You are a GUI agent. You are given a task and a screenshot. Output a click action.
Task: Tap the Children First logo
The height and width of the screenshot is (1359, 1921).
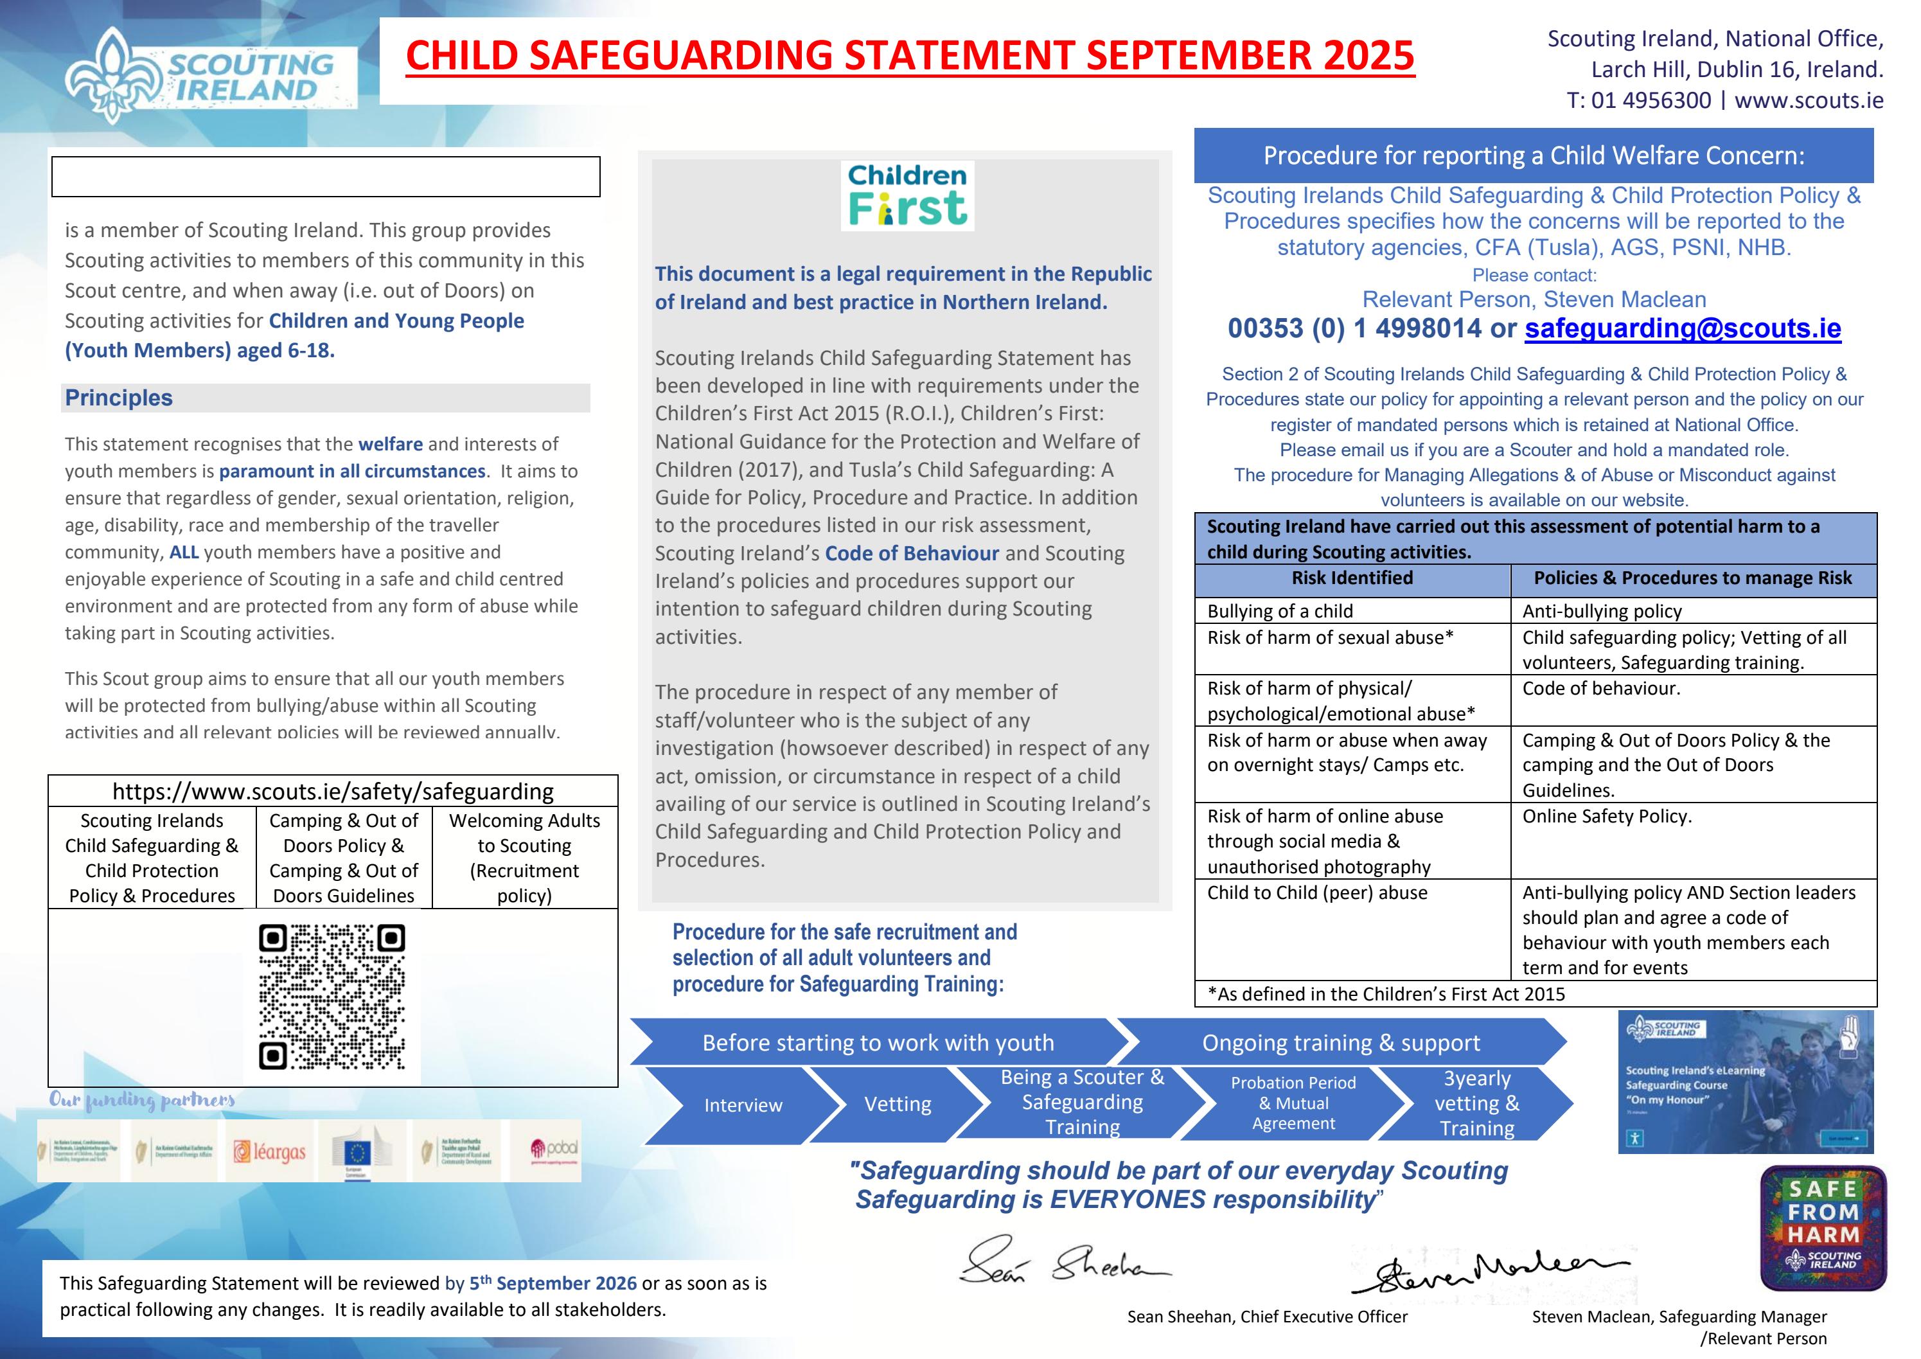[907, 196]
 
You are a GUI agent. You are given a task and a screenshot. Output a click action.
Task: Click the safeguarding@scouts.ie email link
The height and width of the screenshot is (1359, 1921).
[1682, 328]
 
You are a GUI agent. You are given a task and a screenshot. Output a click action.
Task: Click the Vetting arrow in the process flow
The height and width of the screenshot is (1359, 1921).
[898, 1105]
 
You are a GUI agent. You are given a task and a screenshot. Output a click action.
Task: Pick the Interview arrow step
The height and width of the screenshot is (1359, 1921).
[742, 1105]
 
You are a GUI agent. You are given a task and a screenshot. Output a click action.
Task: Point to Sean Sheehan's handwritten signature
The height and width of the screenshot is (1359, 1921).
[1064, 1262]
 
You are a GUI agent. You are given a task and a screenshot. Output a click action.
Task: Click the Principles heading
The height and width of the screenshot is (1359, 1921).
[119, 398]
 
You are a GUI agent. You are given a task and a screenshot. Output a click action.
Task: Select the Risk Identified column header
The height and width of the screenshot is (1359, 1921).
[1352, 578]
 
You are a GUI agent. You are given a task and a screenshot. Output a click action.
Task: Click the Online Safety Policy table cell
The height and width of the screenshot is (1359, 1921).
[1606, 817]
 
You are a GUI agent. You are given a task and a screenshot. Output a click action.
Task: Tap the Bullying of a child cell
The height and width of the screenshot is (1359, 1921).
[1280, 611]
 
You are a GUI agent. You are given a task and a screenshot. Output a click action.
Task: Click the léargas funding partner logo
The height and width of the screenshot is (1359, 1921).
[269, 1151]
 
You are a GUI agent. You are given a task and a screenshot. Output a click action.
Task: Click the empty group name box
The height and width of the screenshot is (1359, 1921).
[326, 177]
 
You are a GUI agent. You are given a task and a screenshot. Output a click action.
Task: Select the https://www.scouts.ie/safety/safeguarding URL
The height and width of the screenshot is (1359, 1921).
[333, 792]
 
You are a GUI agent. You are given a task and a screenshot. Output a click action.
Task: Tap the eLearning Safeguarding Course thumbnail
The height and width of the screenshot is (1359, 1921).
[1746, 1082]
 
